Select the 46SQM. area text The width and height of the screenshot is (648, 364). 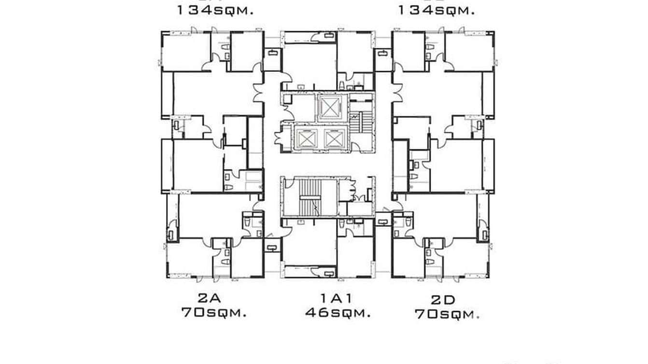[338, 313]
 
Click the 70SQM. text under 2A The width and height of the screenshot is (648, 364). [214, 312]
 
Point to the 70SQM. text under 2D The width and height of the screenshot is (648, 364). [447, 315]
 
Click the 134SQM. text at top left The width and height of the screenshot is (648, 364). [215, 10]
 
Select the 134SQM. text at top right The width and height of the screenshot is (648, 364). [436, 10]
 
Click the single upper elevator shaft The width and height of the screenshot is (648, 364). [330, 107]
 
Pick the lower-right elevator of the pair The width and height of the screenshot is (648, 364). [334, 139]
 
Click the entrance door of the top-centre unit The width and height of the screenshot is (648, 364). [287, 79]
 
